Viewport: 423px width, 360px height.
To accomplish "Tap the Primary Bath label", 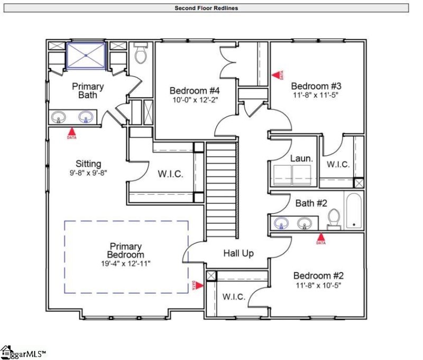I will pos(88,90).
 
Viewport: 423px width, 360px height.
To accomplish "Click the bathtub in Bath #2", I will pos(354,211).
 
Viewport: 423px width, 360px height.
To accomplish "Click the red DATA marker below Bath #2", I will pos(320,238).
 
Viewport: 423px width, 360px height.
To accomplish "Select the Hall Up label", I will pos(238,253).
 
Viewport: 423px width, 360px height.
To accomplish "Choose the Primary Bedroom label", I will pos(126,251).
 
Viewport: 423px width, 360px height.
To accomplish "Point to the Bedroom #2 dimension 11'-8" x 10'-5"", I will pos(319,285).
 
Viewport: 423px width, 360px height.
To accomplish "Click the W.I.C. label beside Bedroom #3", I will pos(338,164).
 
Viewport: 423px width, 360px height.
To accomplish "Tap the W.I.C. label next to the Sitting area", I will pos(171,174).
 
